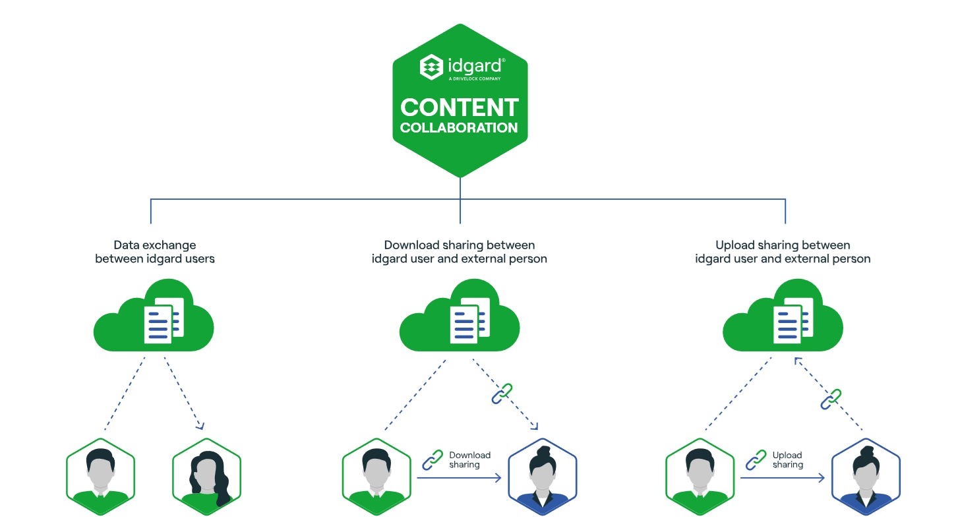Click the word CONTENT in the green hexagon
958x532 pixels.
(x=460, y=107)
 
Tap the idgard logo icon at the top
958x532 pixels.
(x=431, y=67)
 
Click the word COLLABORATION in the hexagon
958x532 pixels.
(x=460, y=128)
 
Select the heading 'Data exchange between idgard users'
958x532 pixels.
(x=155, y=252)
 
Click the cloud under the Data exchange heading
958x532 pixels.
(x=154, y=316)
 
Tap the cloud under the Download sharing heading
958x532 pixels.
(x=460, y=316)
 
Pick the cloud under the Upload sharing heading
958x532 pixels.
(x=783, y=316)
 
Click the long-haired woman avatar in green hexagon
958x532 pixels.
(x=206, y=477)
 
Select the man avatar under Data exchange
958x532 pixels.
(x=100, y=477)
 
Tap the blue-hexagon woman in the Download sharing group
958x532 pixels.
(x=543, y=477)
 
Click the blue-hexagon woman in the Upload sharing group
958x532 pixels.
(x=866, y=477)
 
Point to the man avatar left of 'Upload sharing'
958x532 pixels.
(x=700, y=477)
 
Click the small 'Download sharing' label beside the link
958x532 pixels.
(x=469, y=459)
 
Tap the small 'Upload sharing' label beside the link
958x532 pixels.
(x=787, y=459)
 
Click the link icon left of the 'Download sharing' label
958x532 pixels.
(x=433, y=459)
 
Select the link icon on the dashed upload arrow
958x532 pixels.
(x=831, y=399)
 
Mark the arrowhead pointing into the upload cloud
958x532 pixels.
(x=797, y=360)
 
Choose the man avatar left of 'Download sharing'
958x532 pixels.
(x=376, y=477)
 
